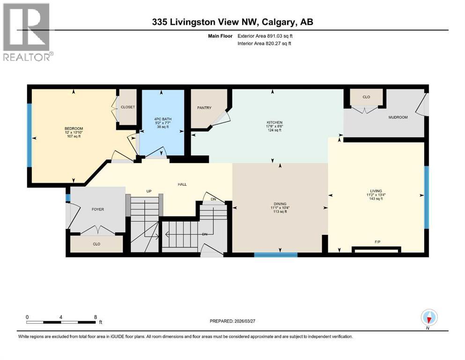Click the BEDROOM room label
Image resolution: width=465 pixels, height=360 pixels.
pyautogui.click(x=74, y=128)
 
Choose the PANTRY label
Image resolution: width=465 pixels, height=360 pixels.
pyautogui.click(x=204, y=108)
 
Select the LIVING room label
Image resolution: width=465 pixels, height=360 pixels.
pyautogui.click(x=376, y=191)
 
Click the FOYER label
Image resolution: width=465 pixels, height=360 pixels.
pyautogui.click(x=97, y=209)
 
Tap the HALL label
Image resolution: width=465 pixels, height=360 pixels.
pyautogui.click(x=182, y=184)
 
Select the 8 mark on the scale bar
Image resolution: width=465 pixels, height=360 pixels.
pyautogui.click(x=96, y=317)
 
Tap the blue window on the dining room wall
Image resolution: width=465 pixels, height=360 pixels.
pyautogui.click(x=275, y=255)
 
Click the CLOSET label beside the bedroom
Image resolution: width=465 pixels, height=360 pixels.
pyautogui.click(x=128, y=107)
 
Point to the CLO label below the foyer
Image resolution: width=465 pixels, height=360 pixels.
pyautogui.click(x=96, y=244)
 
